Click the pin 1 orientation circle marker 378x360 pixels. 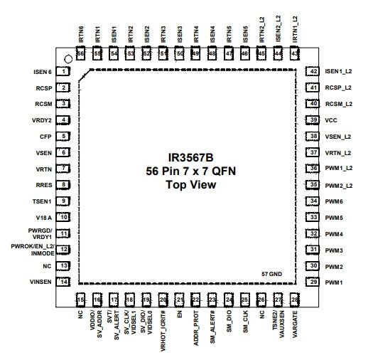pyautogui.click(x=68, y=59)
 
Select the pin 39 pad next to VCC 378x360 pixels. pyautogui.click(x=313, y=120)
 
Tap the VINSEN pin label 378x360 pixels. pyautogui.click(x=40, y=282)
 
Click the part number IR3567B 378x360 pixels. pyautogui.click(x=190, y=158)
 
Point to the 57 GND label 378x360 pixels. pyautogui.click(x=271, y=274)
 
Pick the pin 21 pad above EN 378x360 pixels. pyautogui.click(x=179, y=300)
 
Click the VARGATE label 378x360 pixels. pyautogui.click(x=295, y=324)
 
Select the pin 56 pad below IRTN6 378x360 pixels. pyautogui.click(x=80, y=53)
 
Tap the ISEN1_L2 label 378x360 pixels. pyautogui.click(x=338, y=71)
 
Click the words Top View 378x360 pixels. pyautogui.click(x=190, y=185)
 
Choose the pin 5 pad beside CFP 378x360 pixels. pyautogui.click(x=63, y=137)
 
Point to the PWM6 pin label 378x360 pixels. pyautogui.click(x=334, y=201)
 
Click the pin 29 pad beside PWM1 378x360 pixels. pyautogui.click(x=313, y=282)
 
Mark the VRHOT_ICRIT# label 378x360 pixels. pyautogui.click(x=163, y=331)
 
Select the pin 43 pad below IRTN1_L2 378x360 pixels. pyautogui.click(x=295, y=53)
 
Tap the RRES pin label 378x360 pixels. pyautogui.click(x=44, y=185)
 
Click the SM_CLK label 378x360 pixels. pyautogui.click(x=245, y=322)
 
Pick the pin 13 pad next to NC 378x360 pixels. pyautogui.click(x=63, y=266)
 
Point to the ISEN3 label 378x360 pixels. pyautogui.click(x=180, y=34)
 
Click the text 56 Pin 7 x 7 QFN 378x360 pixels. pyautogui.click(x=190, y=171)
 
